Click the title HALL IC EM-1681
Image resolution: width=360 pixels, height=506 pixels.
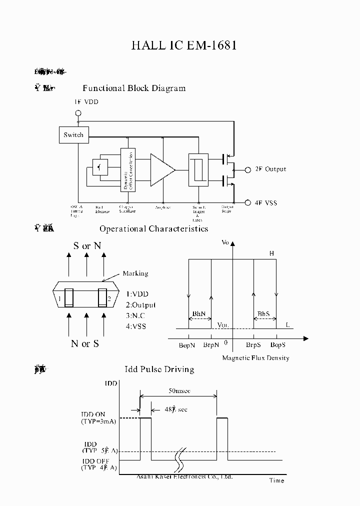pyautogui.click(x=183, y=45)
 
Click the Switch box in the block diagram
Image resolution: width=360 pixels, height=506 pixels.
pyautogui.click(x=73, y=135)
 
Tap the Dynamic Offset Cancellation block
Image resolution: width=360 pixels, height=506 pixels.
pyautogui.click(x=127, y=170)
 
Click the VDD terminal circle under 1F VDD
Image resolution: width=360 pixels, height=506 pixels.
pyautogui.click(x=78, y=113)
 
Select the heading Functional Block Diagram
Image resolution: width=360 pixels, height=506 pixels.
pyautogui.click(x=134, y=88)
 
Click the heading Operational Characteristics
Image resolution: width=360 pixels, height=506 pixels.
pyautogui.click(x=153, y=229)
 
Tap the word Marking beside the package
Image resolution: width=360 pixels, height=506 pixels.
pyautogui.click(x=135, y=273)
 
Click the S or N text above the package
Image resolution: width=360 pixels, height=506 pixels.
pyautogui.click(x=87, y=246)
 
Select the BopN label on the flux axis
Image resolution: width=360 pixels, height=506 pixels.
pyautogui.click(x=187, y=345)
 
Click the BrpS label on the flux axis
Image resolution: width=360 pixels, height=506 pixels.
pyautogui.click(x=253, y=345)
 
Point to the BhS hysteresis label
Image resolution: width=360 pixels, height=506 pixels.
pyautogui.click(x=263, y=314)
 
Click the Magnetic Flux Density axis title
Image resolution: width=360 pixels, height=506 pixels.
pyautogui.click(x=255, y=358)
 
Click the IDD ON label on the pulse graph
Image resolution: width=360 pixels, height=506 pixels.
pyautogui.click(x=93, y=414)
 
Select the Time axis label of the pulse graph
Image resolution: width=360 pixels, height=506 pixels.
pyautogui.click(x=276, y=480)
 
